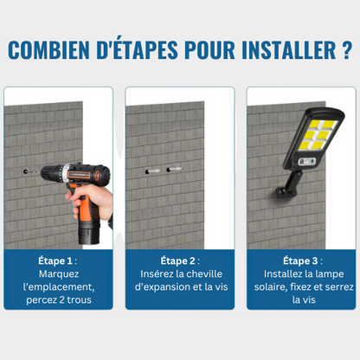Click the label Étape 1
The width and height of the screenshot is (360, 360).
pos(56,260)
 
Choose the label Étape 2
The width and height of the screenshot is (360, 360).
pos(179,260)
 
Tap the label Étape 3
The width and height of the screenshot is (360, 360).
pos(300,260)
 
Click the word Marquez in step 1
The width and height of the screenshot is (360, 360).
pos(59,273)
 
